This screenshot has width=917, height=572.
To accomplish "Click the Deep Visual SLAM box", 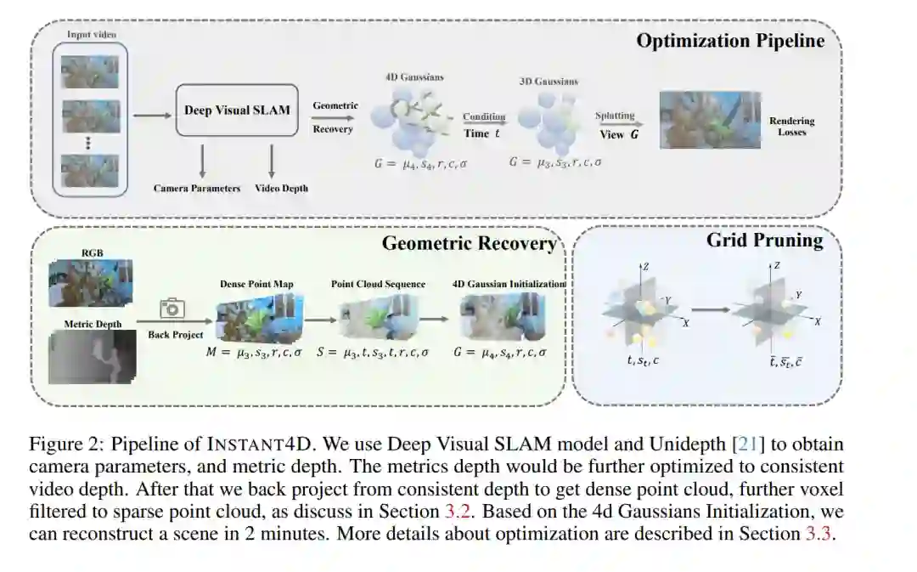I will coord(237,110).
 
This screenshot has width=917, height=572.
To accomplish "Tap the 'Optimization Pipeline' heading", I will coord(730,41).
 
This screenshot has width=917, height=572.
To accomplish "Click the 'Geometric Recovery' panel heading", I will coord(469,244).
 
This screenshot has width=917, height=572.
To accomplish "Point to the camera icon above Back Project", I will coord(173,309).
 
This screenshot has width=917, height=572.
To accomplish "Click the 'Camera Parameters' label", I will coord(197,188).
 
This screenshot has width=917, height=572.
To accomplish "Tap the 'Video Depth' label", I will coord(281,188).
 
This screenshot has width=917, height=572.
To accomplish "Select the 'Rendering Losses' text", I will coord(791,127).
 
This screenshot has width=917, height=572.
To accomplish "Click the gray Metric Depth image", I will coord(90,357).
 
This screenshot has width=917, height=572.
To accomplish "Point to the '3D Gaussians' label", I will coord(548,82).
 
